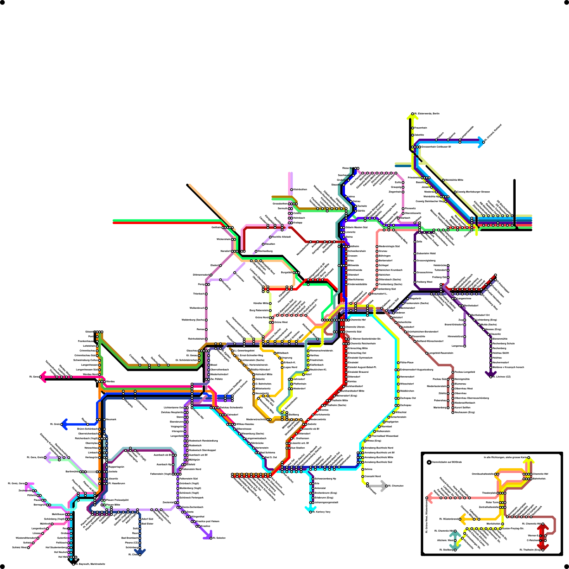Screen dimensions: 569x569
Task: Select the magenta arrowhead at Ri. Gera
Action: [42, 377]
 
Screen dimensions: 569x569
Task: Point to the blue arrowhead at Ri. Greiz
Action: [64, 424]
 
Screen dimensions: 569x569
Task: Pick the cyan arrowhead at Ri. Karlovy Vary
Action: [308, 509]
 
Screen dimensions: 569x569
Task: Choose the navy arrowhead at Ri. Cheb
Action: [140, 552]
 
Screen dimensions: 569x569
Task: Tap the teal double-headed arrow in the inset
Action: [455, 541]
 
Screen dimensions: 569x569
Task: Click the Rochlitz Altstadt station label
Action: [282, 237]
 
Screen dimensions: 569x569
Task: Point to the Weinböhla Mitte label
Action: [454, 180]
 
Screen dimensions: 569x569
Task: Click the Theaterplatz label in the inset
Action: [489, 493]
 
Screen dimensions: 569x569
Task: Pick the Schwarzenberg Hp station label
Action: [325, 479]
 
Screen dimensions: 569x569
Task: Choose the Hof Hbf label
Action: [63, 557]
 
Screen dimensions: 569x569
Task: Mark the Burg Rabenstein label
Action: [259, 310]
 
